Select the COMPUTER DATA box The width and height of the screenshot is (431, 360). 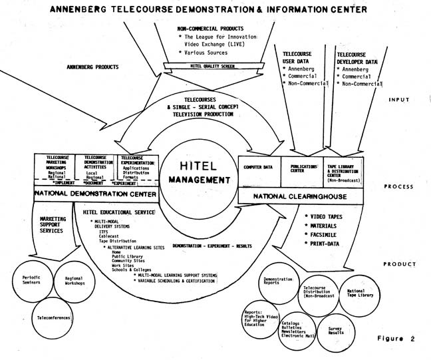coord(260,169)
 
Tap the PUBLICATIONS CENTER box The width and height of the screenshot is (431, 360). coord(303,169)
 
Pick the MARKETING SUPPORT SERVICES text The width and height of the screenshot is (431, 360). coord(52,224)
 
